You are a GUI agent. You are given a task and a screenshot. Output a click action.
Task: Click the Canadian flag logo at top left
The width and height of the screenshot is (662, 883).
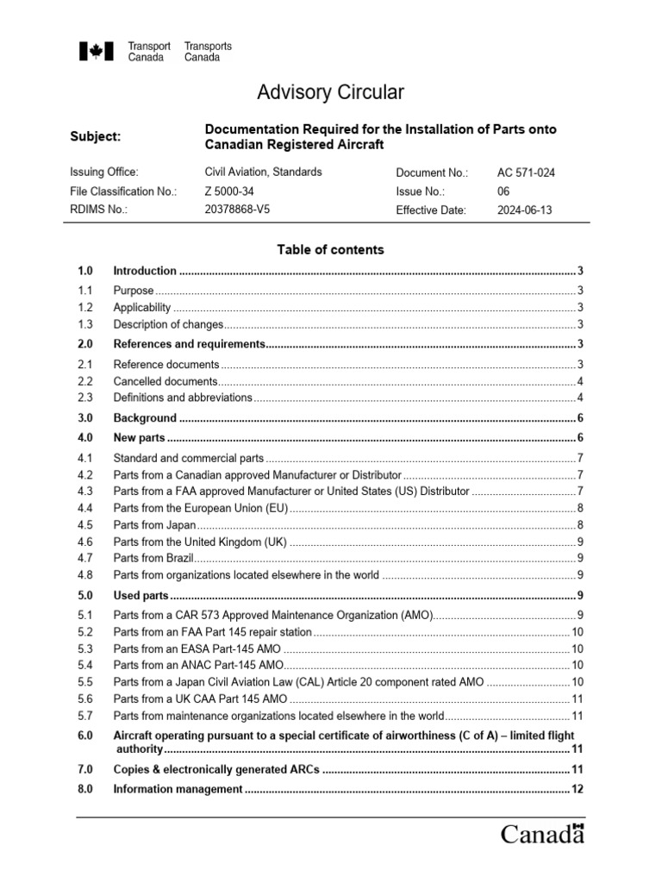coord(91,52)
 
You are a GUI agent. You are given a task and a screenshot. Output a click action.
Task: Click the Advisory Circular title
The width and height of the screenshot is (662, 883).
coord(331,92)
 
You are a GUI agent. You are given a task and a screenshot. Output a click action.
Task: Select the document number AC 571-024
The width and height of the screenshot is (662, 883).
coord(526,172)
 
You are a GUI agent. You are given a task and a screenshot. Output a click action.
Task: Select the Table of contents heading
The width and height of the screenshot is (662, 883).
coord(330,250)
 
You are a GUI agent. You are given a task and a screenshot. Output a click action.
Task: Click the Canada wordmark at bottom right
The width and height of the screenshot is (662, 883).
coord(543,834)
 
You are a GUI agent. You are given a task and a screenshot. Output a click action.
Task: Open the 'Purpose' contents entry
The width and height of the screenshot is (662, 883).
coord(134,291)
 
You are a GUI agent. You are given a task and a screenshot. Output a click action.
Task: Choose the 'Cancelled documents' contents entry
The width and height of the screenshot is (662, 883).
coord(165,381)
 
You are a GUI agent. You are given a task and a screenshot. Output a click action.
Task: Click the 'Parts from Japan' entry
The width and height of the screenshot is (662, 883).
coord(155,524)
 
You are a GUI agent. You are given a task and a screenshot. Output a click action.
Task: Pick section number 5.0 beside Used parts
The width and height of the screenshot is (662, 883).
coord(84,596)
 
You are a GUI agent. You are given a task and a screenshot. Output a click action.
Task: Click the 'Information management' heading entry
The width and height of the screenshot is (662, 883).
coord(178,789)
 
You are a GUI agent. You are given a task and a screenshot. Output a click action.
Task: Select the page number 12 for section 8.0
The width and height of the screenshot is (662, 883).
coord(578,789)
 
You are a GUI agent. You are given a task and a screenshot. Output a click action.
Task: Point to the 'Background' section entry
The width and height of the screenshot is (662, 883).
coord(145,418)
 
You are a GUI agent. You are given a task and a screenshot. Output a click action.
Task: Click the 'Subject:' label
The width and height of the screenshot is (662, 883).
coord(95,136)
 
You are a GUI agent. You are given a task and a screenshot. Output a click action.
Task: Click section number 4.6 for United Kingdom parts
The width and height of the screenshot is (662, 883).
coord(84,542)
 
